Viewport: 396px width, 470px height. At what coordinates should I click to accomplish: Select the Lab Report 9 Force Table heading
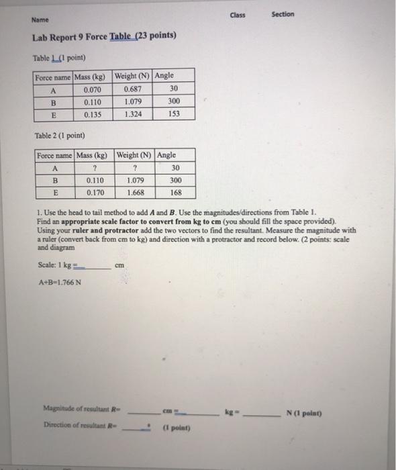point(105,36)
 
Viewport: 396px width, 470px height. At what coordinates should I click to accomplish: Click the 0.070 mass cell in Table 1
point(93,89)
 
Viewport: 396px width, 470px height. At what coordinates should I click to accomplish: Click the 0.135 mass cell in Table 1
point(93,114)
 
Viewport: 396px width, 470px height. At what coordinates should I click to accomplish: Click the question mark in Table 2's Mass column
point(96,168)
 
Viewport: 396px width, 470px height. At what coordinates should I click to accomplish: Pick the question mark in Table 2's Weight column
point(136,168)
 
